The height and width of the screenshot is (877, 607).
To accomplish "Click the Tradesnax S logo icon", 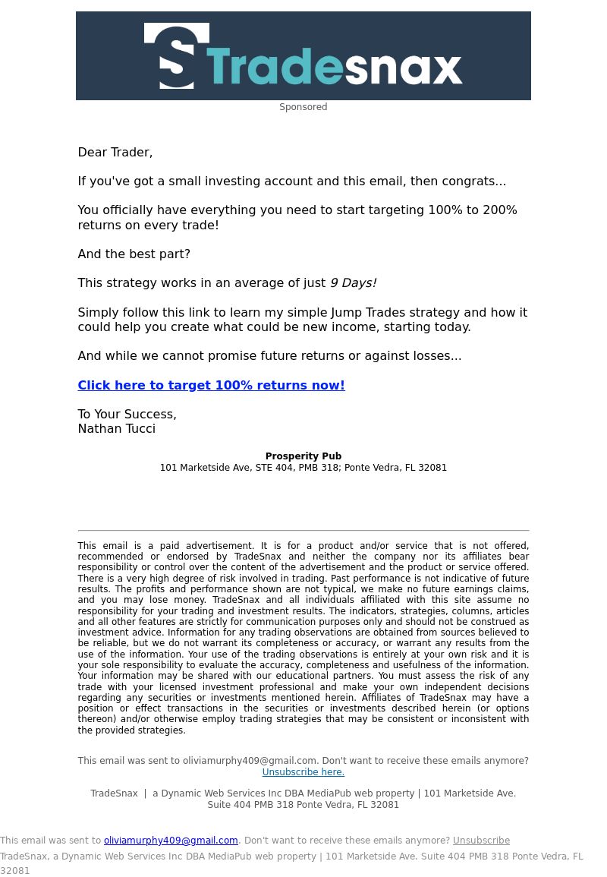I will coord(177,56).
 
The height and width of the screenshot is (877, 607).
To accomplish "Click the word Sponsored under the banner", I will coord(303,107).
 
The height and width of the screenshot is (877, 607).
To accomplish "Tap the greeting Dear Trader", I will coord(115,152).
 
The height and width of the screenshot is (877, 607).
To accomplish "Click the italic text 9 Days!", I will coord(353,282).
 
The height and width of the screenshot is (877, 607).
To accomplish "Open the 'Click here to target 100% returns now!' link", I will coord(211,385).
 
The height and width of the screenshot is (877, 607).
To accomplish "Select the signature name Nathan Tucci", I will coord(116,428).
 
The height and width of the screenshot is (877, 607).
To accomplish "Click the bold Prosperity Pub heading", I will coord(303,456).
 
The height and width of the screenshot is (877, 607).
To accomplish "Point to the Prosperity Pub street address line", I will coord(303,468).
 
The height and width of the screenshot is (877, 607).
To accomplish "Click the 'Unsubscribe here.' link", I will coord(303,772).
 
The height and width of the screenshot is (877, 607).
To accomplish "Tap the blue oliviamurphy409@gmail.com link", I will coord(171,841).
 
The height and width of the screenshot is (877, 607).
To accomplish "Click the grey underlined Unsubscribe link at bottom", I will coord(481,841).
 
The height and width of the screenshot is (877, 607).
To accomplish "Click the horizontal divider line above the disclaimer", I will coord(303,530).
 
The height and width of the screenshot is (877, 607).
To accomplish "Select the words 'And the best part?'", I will coord(134,254).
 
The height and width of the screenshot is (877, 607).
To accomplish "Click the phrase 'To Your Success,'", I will coord(127,414).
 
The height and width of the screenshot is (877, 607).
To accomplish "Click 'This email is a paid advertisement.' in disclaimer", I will coord(166,546).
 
